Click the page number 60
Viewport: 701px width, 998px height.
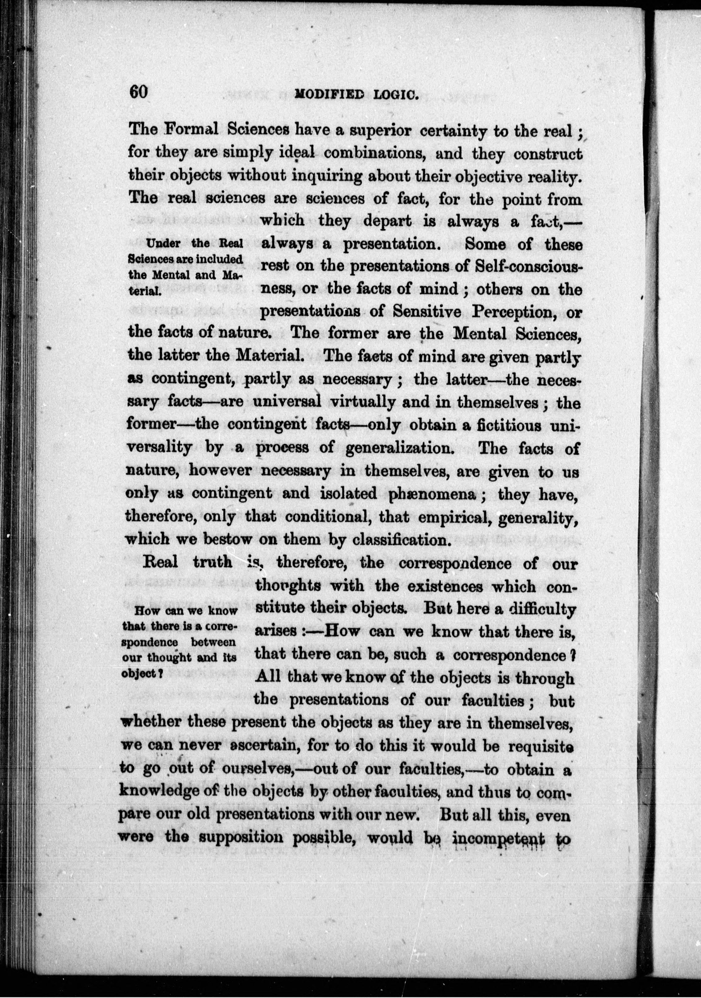(x=139, y=92)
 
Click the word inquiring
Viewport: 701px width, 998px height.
(x=323, y=176)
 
